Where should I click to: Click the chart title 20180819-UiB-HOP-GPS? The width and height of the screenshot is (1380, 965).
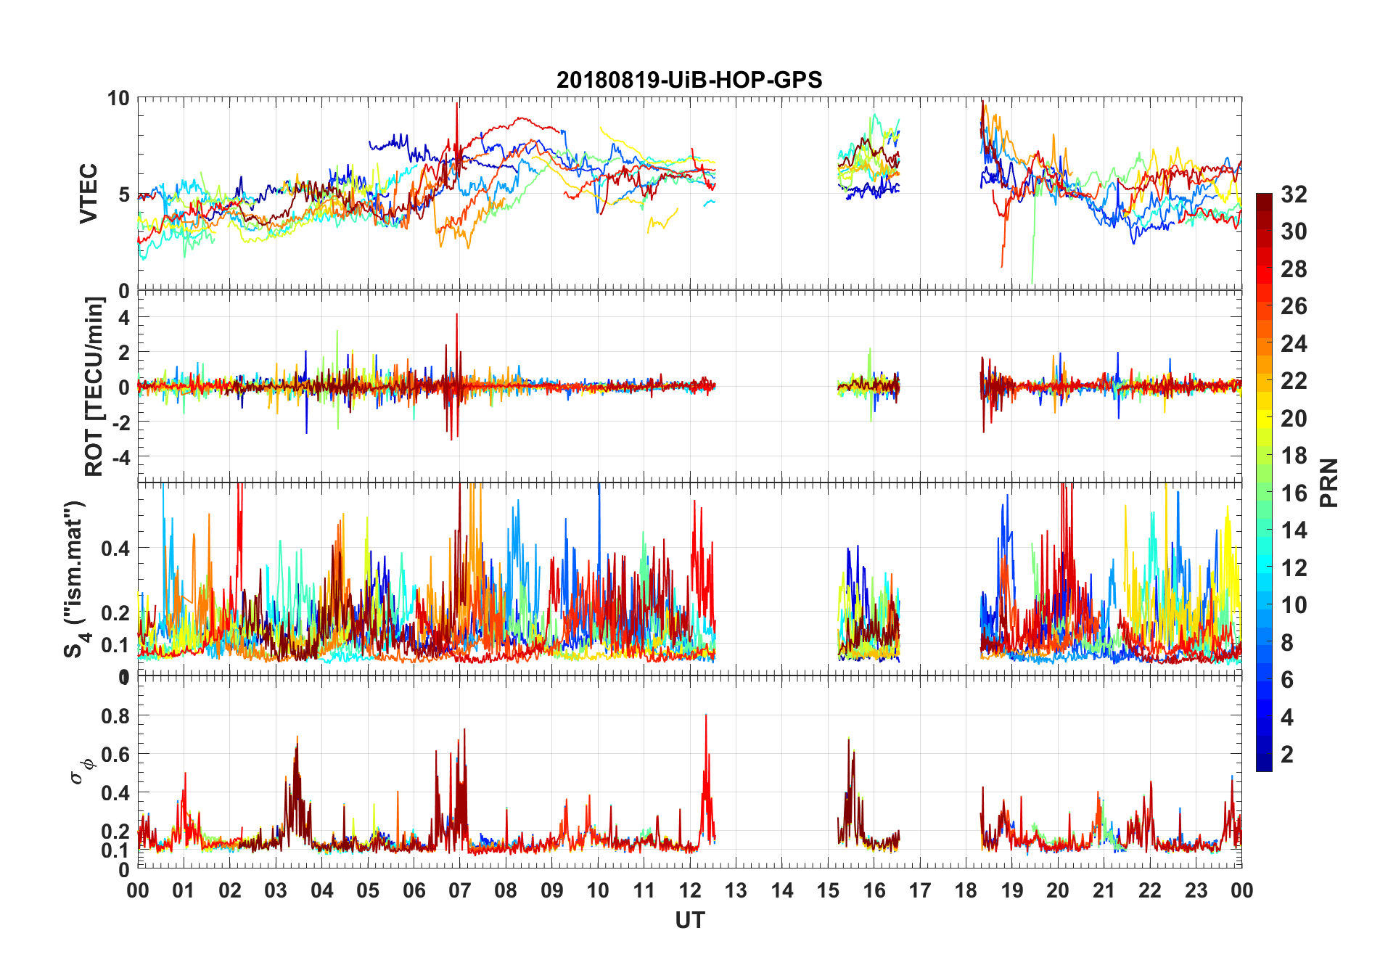pyautogui.click(x=689, y=80)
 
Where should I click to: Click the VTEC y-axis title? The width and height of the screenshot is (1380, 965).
pyautogui.click(x=89, y=194)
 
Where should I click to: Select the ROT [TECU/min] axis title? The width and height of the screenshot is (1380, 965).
pyautogui.click(x=94, y=386)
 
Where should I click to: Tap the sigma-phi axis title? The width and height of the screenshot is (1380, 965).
pyautogui.click(x=81, y=771)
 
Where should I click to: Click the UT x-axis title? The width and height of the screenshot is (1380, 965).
pyautogui.click(x=689, y=921)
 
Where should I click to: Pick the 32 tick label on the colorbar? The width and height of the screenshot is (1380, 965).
pyautogui.click(x=1294, y=194)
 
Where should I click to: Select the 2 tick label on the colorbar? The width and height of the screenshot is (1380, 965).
pyautogui.click(x=1287, y=755)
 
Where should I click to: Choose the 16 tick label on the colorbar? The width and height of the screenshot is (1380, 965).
pyautogui.click(x=1294, y=493)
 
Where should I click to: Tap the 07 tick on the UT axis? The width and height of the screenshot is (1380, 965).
pyautogui.click(x=460, y=890)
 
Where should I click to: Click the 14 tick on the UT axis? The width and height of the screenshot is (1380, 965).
pyautogui.click(x=782, y=890)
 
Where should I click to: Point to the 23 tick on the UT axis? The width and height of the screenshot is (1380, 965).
pyautogui.click(x=1196, y=890)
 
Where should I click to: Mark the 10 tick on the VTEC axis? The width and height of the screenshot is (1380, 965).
pyautogui.click(x=118, y=99)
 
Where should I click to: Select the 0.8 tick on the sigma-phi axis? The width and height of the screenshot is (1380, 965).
pyautogui.click(x=116, y=716)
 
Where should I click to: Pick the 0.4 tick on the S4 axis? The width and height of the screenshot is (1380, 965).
pyautogui.click(x=116, y=549)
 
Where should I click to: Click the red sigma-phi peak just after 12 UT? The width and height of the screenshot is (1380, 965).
pyautogui.click(x=706, y=716)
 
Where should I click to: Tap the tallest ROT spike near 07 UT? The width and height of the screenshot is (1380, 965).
pyautogui.click(x=457, y=315)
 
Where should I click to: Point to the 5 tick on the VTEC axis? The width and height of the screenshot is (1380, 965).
pyautogui.click(x=123, y=194)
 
